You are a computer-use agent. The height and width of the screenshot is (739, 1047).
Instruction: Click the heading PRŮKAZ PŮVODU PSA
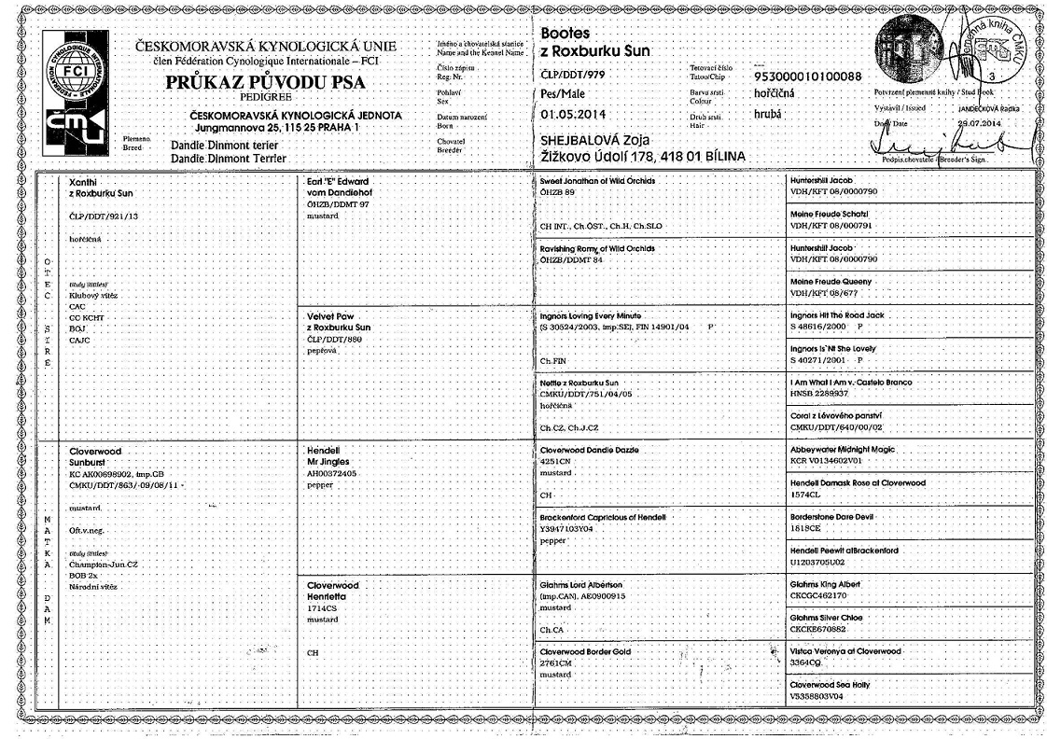[265, 82]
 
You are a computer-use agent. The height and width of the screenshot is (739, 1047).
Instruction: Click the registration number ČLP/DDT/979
[574, 74]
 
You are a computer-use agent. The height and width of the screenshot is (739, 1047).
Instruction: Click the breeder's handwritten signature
[942, 146]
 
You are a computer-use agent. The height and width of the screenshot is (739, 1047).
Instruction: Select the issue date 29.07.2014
[979, 123]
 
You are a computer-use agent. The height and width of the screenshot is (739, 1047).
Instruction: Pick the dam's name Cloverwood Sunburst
[96, 456]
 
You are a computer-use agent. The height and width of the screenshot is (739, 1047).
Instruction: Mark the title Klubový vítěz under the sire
[90, 295]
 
